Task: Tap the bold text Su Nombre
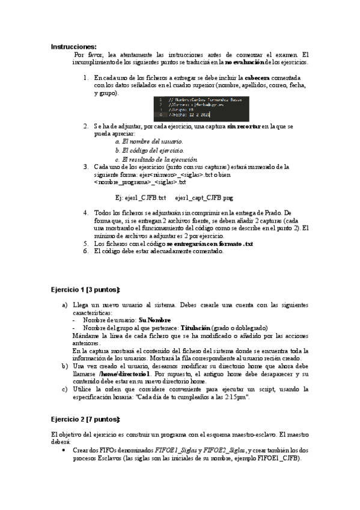[x=154, y=321]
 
